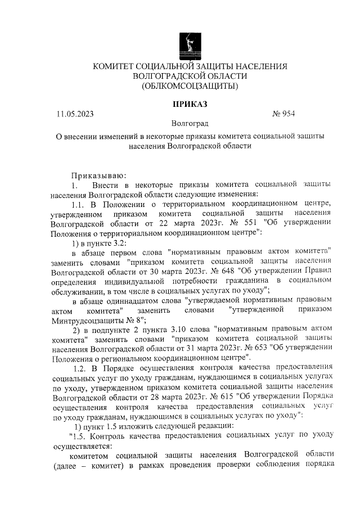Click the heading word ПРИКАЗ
coord(190,104)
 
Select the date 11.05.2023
coord(75,114)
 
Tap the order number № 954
coord(283,114)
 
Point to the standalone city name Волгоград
coord(190,124)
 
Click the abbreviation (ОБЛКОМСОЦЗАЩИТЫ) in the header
coord(190,86)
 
